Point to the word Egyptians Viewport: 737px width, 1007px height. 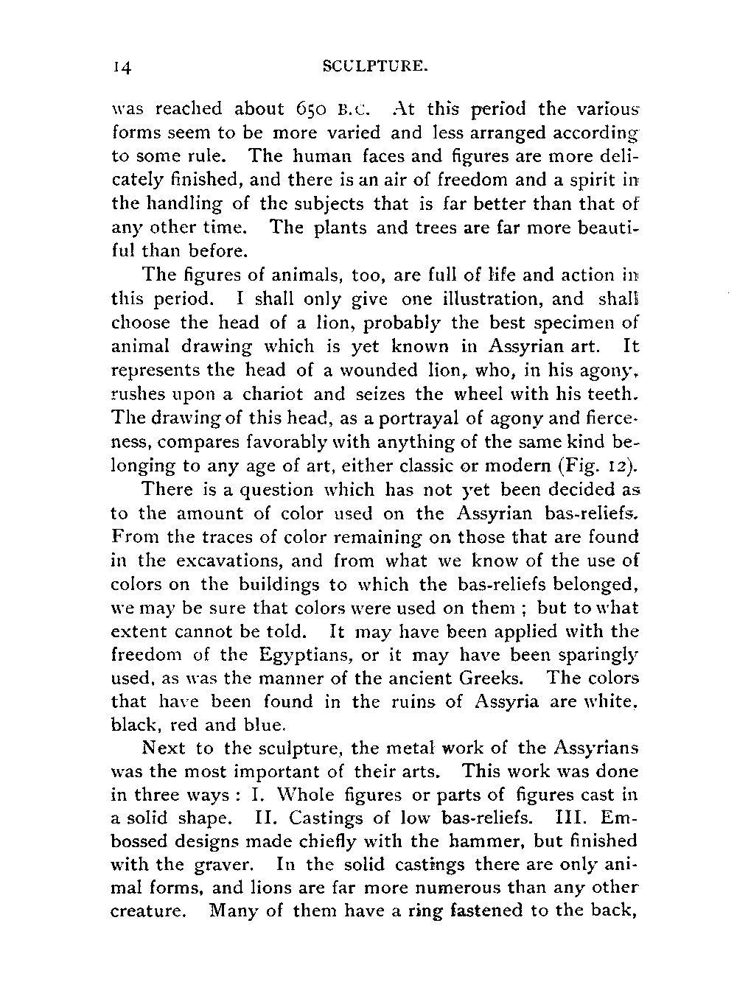click(308, 654)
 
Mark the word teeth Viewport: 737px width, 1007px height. click(612, 394)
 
